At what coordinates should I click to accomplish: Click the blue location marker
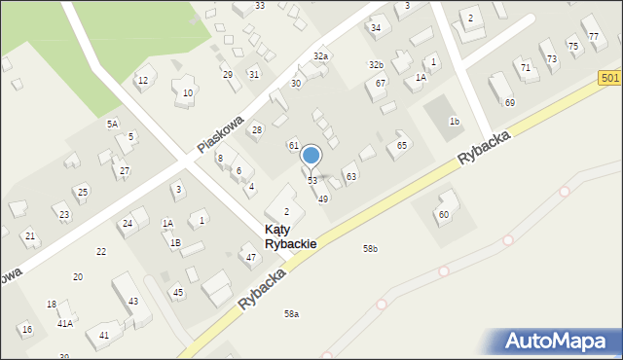click(311, 156)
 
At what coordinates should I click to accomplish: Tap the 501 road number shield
click(610, 78)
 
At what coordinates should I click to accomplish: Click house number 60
click(443, 214)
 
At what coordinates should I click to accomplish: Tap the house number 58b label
click(370, 249)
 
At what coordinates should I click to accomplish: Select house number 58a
click(291, 313)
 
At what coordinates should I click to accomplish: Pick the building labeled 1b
click(454, 121)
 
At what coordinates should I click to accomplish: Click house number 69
click(509, 102)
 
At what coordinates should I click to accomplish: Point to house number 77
click(593, 37)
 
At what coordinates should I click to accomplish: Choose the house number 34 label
click(376, 27)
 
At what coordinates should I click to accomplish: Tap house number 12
click(142, 80)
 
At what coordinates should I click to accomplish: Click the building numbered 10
click(188, 92)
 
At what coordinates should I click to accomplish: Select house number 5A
click(112, 125)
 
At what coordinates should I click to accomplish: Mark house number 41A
click(64, 323)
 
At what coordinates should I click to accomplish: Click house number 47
click(250, 257)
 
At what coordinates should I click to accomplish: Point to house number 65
click(401, 145)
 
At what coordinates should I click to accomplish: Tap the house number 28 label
click(257, 129)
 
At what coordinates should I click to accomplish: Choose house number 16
click(26, 330)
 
